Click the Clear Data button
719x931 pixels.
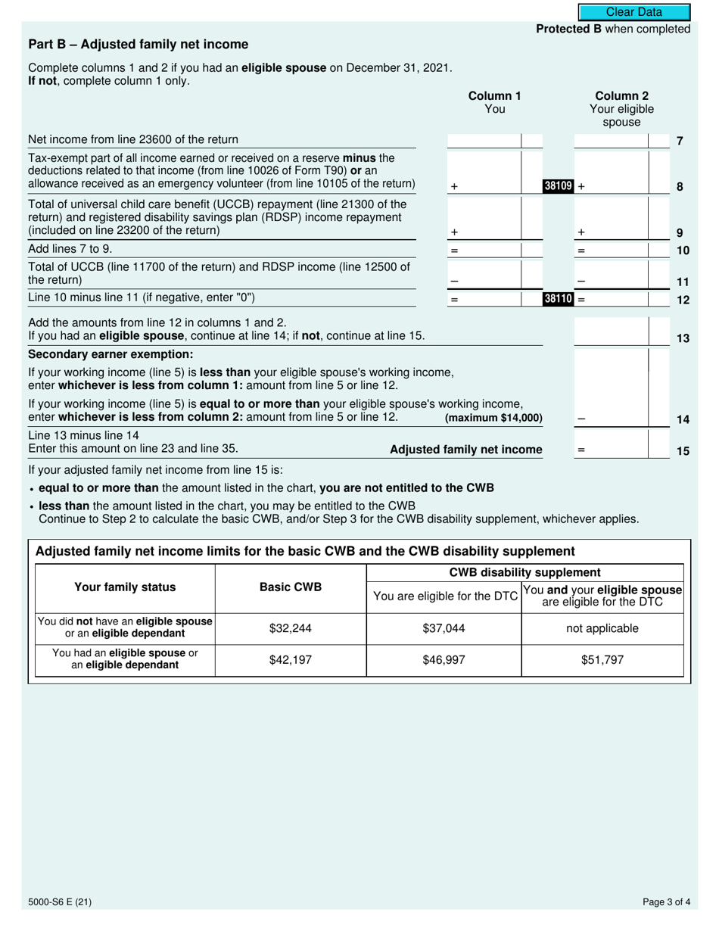point(634,12)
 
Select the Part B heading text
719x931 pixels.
point(138,45)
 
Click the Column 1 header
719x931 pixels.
point(494,103)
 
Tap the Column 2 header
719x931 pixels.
point(622,109)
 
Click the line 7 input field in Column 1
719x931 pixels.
point(484,140)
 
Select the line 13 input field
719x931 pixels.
point(612,331)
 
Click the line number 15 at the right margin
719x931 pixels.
point(682,451)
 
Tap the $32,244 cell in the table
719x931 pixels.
point(291,628)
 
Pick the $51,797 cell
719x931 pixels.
point(602,660)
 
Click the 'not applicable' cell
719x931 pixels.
point(602,628)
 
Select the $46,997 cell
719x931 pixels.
point(444,660)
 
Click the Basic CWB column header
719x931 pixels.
point(291,587)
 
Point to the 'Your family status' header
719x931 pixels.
point(125,587)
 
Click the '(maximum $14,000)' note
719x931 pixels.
point(493,419)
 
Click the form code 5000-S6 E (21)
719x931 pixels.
point(61,901)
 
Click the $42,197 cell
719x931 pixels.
point(291,660)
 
